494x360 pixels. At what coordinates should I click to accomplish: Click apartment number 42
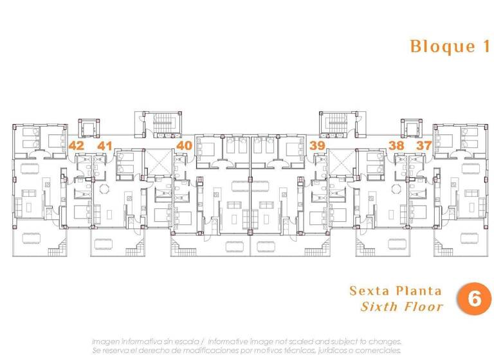pyautogui.click(x=76, y=145)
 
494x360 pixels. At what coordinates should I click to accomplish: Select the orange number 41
pyautogui.click(x=105, y=145)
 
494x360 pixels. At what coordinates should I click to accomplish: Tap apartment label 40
pyautogui.click(x=184, y=145)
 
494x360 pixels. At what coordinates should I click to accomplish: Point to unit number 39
pyautogui.click(x=316, y=145)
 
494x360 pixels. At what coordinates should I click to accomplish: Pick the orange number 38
pyautogui.click(x=396, y=145)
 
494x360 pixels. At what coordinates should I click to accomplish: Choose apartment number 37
pyautogui.click(x=424, y=145)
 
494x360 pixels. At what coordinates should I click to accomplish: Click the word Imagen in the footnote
pyautogui.click(x=106, y=341)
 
